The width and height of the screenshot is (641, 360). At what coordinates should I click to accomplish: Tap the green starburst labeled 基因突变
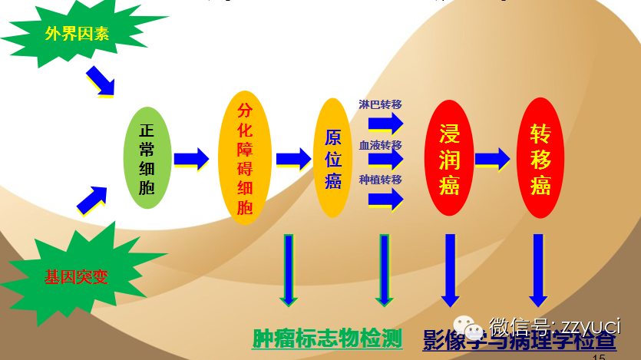pos(75,276)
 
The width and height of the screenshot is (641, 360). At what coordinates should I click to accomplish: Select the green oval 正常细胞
pos(147,159)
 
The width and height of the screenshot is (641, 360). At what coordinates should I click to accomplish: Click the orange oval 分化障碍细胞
pos(245,158)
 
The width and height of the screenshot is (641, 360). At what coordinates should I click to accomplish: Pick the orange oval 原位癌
pos(332,158)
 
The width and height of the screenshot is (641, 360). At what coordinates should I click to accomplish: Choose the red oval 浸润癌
pos(448,158)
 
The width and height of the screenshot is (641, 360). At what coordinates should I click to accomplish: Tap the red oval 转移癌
pos(542,158)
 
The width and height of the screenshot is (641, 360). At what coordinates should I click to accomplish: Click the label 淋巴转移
pos(381,104)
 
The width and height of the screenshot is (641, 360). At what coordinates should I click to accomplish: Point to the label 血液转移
pos(381,145)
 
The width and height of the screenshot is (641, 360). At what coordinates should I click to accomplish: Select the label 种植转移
pos(381,180)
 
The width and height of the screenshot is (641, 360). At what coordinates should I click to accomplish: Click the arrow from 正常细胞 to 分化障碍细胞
pos(191,159)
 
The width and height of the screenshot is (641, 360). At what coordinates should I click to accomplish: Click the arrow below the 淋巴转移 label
pos(386,123)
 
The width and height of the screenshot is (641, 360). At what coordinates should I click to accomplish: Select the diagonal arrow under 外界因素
pos(101,81)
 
